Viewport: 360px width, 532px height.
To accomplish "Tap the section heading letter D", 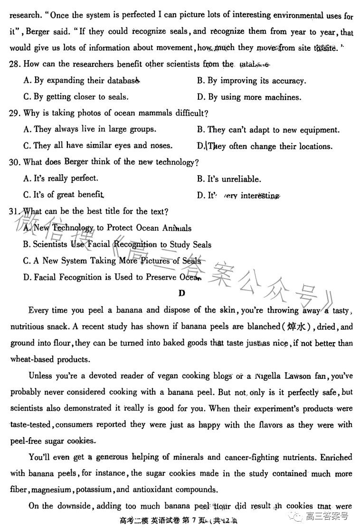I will pyautogui.click(x=181, y=293).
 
